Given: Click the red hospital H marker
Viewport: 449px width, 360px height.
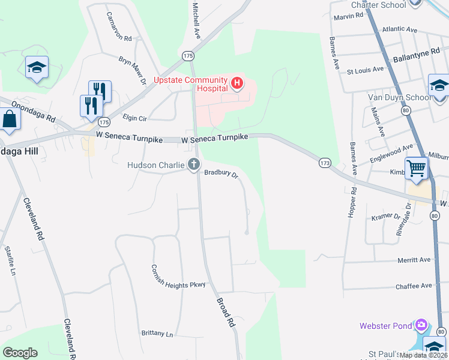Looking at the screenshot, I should (x=238, y=83).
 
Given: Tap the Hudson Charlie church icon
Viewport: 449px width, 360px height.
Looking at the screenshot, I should (x=193, y=164).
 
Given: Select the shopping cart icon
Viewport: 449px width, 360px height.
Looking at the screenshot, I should (x=417, y=169).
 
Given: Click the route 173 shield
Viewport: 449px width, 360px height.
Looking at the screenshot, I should (x=325, y=163).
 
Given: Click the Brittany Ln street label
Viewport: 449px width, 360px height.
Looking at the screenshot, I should (x=157, y=334).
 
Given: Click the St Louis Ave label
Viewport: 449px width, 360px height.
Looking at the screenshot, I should (x=366, y=70).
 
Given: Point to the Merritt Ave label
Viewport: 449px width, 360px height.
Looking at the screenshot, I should (x=414, y=260).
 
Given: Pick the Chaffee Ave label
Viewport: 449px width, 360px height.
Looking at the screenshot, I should (x=414, y=286).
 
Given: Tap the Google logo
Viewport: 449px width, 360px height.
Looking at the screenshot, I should (x=20, y=353).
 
